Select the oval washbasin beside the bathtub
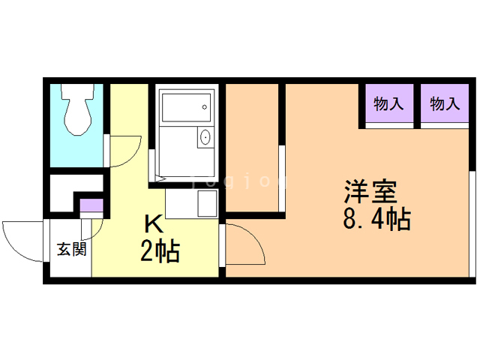click(x=205, y=138)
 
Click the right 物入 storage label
click(x=445, y=104)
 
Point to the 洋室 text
click(x=370, y=192)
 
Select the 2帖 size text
click(x=160, y=251)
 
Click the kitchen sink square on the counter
click(x=205, y=202)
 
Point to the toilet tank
click(x=76, y=94)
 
